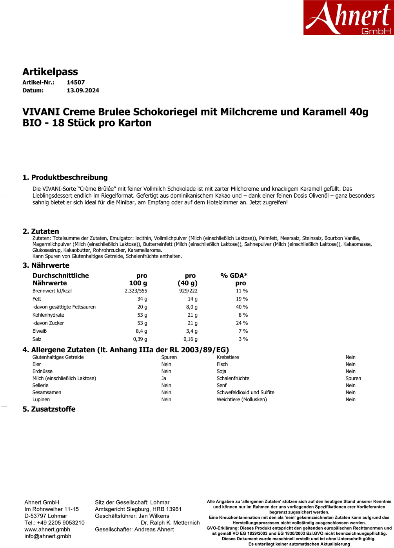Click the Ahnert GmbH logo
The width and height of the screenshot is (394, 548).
pos(348,18)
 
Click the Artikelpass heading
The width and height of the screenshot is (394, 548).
pos(50,72)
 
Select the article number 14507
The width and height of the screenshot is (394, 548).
pos(76,83)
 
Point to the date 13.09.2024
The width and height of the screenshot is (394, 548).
pos(83,90)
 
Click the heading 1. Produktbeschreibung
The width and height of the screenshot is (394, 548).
pos(65,177)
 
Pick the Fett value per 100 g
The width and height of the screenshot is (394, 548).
pos(142,299)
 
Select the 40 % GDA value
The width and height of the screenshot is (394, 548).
pos(241,307)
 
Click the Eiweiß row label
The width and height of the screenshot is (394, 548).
pos(40,331)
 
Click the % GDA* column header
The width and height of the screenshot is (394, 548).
pos(234,276)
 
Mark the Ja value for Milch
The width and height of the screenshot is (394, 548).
pos(164,379)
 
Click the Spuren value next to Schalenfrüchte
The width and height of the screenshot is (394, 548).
pos(353,379)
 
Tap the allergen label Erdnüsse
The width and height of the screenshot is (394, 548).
pos(42,371)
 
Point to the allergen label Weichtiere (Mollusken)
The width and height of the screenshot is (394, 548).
pos(241,400)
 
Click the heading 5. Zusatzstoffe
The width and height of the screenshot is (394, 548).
pos(49,409)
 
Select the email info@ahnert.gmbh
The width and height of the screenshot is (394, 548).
pos(48,536)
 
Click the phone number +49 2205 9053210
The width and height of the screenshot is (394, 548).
pos(61,523)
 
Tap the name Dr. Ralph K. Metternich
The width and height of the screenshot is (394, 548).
pos(170,523)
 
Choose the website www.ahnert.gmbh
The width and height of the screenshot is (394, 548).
pos(47,530)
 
